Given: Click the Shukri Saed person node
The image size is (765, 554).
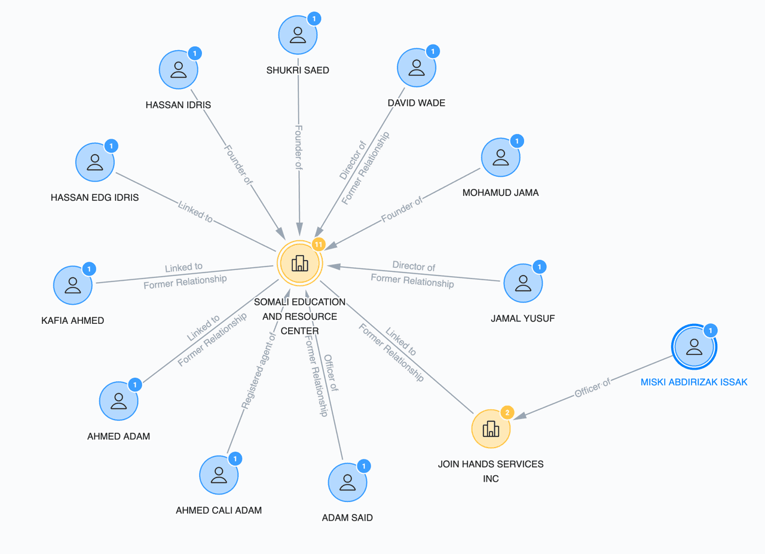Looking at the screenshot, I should (x=298, y=35).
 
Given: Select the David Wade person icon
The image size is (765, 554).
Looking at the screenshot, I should (x=417, y=68).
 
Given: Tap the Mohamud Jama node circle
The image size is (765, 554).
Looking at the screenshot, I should (x=501, y=157).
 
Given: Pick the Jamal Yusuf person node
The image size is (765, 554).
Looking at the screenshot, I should (x=523, y=283).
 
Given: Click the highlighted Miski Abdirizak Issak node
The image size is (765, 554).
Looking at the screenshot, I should (x=694, y=347).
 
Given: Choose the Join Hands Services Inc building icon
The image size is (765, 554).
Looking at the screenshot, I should (x=491, y=428).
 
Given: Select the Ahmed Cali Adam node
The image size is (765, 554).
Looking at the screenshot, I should (x=219, y=475).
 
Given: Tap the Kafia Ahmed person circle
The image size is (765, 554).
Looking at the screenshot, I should (x=73, y=285).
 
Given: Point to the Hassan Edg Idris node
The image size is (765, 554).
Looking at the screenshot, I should (x=95, y=162).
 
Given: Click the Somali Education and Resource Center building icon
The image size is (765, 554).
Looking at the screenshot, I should (x=300, y=263).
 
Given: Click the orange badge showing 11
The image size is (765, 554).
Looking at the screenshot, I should (x=318, y=244).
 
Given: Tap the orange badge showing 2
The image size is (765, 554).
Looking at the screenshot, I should (x=507, y=412).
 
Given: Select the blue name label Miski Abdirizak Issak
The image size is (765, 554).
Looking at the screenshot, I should (x=694, y=382).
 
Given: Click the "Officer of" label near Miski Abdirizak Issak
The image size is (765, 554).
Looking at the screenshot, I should (x=592, y=387).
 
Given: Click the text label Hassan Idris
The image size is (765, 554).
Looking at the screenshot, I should (x=178, y=105).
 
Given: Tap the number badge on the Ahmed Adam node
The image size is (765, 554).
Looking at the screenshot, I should (x=135, y=385).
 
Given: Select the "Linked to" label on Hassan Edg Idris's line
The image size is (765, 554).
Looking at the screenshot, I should (x=195, y=211).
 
